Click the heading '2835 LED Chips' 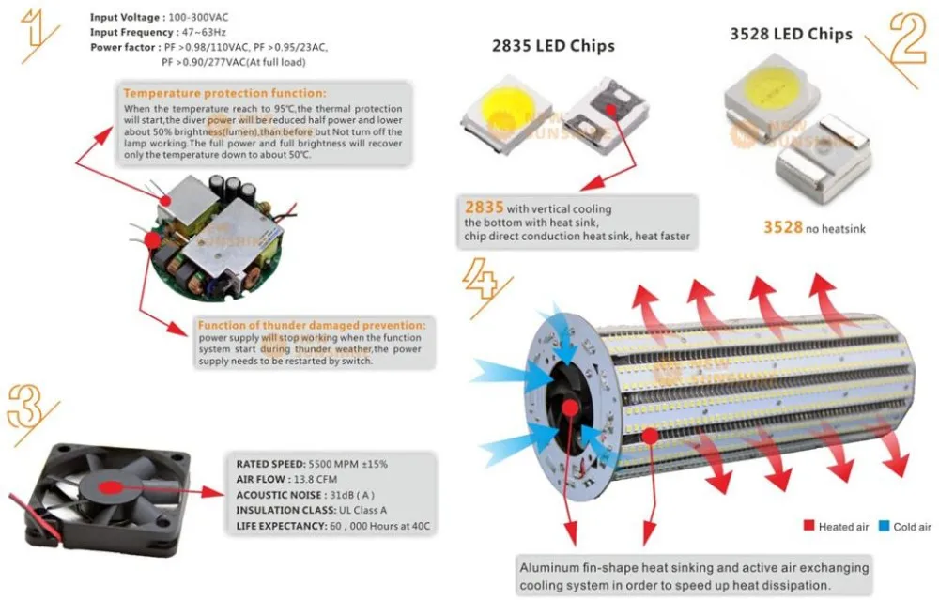pyautogui.click(x=554, y=46)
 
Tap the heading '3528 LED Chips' pyautogui.click(x=791, y=34)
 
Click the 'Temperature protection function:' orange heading pyautogui.click(x=225, y=93)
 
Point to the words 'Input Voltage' pyautogui.click(x=126, y=17)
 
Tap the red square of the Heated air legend pyautogui.click(x=808, y=527)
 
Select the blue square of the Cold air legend pyautogui.click(x=883, y=527)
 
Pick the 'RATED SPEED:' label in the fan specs pyautogui.click(x=270, y=464)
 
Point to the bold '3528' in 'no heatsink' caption pyautogui.click(x=782, y=227)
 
